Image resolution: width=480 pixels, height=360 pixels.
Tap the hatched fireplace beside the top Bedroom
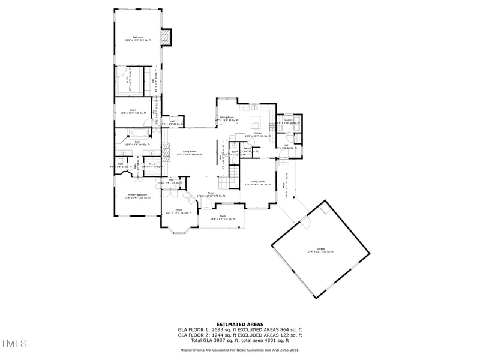click(x=169, y=38)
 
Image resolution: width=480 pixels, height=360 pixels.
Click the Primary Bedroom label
click(x=137, y=196)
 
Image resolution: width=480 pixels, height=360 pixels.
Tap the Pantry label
click(x=247, y=148)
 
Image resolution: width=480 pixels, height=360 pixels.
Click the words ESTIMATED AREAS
click(x=239, y=324)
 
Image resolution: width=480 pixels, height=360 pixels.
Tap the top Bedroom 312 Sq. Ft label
click(x=137, y=38)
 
